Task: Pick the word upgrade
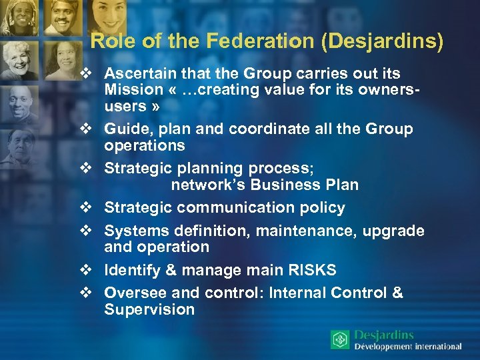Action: pos(394,231)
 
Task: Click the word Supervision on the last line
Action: pos(149,309)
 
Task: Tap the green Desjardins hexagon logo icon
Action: pos(340,340)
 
